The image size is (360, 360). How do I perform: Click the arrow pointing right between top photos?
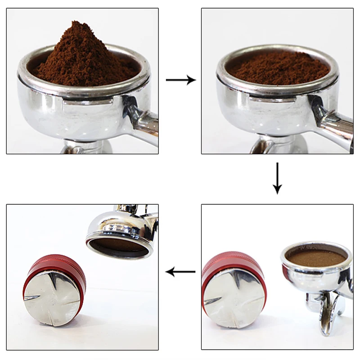[180, 80]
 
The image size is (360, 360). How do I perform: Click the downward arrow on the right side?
[277, 178]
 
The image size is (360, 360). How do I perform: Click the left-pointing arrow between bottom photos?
[180, 272]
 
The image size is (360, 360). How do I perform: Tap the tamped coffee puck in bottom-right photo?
[317, 258]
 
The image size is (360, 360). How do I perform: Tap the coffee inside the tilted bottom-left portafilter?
[118, 245]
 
